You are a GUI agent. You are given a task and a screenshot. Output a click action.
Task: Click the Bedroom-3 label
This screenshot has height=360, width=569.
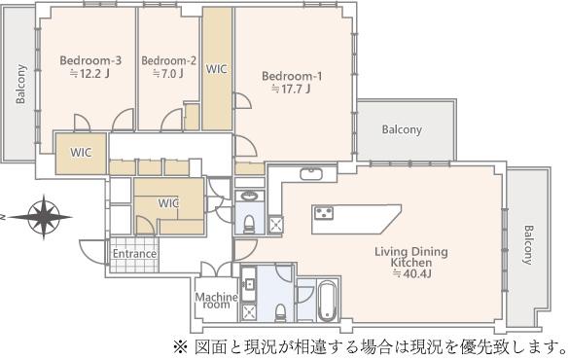[x=90, y=60]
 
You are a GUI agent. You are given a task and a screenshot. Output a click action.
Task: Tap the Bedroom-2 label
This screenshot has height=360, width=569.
[x=168, y=60]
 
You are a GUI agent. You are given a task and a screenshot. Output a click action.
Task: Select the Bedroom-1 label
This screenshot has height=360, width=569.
[x=292, y=76]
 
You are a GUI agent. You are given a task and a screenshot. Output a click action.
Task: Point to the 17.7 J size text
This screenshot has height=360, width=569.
[x=292, y=89]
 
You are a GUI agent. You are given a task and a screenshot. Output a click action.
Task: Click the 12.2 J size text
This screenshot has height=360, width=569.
[x=90, y=74]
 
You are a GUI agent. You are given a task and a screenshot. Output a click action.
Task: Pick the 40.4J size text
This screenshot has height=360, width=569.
[x=411, y=273]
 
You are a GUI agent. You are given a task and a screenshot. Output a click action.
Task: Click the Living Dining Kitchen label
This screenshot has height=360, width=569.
[x=411, y=257]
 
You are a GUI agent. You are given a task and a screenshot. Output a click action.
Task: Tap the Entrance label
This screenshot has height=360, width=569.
[x=134, y=254]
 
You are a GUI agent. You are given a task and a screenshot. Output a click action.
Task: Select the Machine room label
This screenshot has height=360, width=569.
[x=217, y=301]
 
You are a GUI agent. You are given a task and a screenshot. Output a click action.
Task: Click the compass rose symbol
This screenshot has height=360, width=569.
[x=44, y=217]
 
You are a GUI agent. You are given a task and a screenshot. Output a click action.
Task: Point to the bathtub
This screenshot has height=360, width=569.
[x=328, y=301]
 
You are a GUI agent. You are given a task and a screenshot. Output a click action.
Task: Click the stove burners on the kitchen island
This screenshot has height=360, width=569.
[x=323, y=213]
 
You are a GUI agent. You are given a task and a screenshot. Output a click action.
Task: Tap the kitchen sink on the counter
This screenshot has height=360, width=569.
[x=311, y=174]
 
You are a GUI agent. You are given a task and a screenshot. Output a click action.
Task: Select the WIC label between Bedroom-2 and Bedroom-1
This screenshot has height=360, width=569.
[x=217, y=69]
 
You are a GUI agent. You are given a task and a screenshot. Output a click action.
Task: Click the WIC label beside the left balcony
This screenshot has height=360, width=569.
[x=81, y=152]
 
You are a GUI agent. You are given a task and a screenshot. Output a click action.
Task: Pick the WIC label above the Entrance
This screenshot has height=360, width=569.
[x=168, y=202]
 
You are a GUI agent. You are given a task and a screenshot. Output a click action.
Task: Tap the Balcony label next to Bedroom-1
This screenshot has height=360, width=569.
[x=402, y=129]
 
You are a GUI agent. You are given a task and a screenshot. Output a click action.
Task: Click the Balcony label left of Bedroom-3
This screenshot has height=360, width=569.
[x=20, y=84]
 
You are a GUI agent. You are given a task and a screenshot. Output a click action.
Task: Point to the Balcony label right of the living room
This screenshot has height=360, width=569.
[x=529, y=245]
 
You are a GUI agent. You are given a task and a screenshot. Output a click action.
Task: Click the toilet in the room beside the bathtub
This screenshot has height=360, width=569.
[x=280, y=313]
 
